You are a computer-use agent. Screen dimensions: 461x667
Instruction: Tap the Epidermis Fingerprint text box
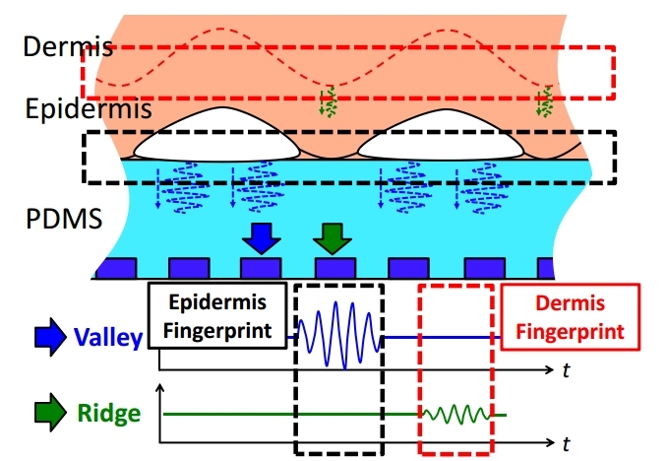pos(216,316)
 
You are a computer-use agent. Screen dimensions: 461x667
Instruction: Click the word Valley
pos(108,339)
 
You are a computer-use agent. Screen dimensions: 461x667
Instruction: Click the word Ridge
pos(113,414)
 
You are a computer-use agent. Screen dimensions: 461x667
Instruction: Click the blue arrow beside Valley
pos(49,339)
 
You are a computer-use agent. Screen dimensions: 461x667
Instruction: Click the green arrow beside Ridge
pos(50,415)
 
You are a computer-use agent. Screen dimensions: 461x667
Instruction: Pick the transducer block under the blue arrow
pos(261,267)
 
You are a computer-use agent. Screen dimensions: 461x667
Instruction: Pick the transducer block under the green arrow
pos(333,267)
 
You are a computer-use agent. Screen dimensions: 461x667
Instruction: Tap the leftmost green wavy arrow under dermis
pos(331,100)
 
